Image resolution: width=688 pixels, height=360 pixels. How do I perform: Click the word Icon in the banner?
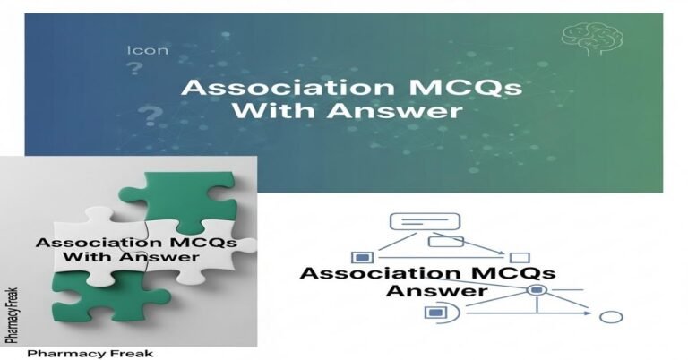click(x=148, y=50)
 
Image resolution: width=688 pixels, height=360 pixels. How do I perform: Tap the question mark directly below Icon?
click(x=135, y=70)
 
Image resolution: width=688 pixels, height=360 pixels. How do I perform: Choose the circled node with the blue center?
click(x=536, y=291)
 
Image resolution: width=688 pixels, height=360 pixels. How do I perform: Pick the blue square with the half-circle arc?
click(x=437, y=312)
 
